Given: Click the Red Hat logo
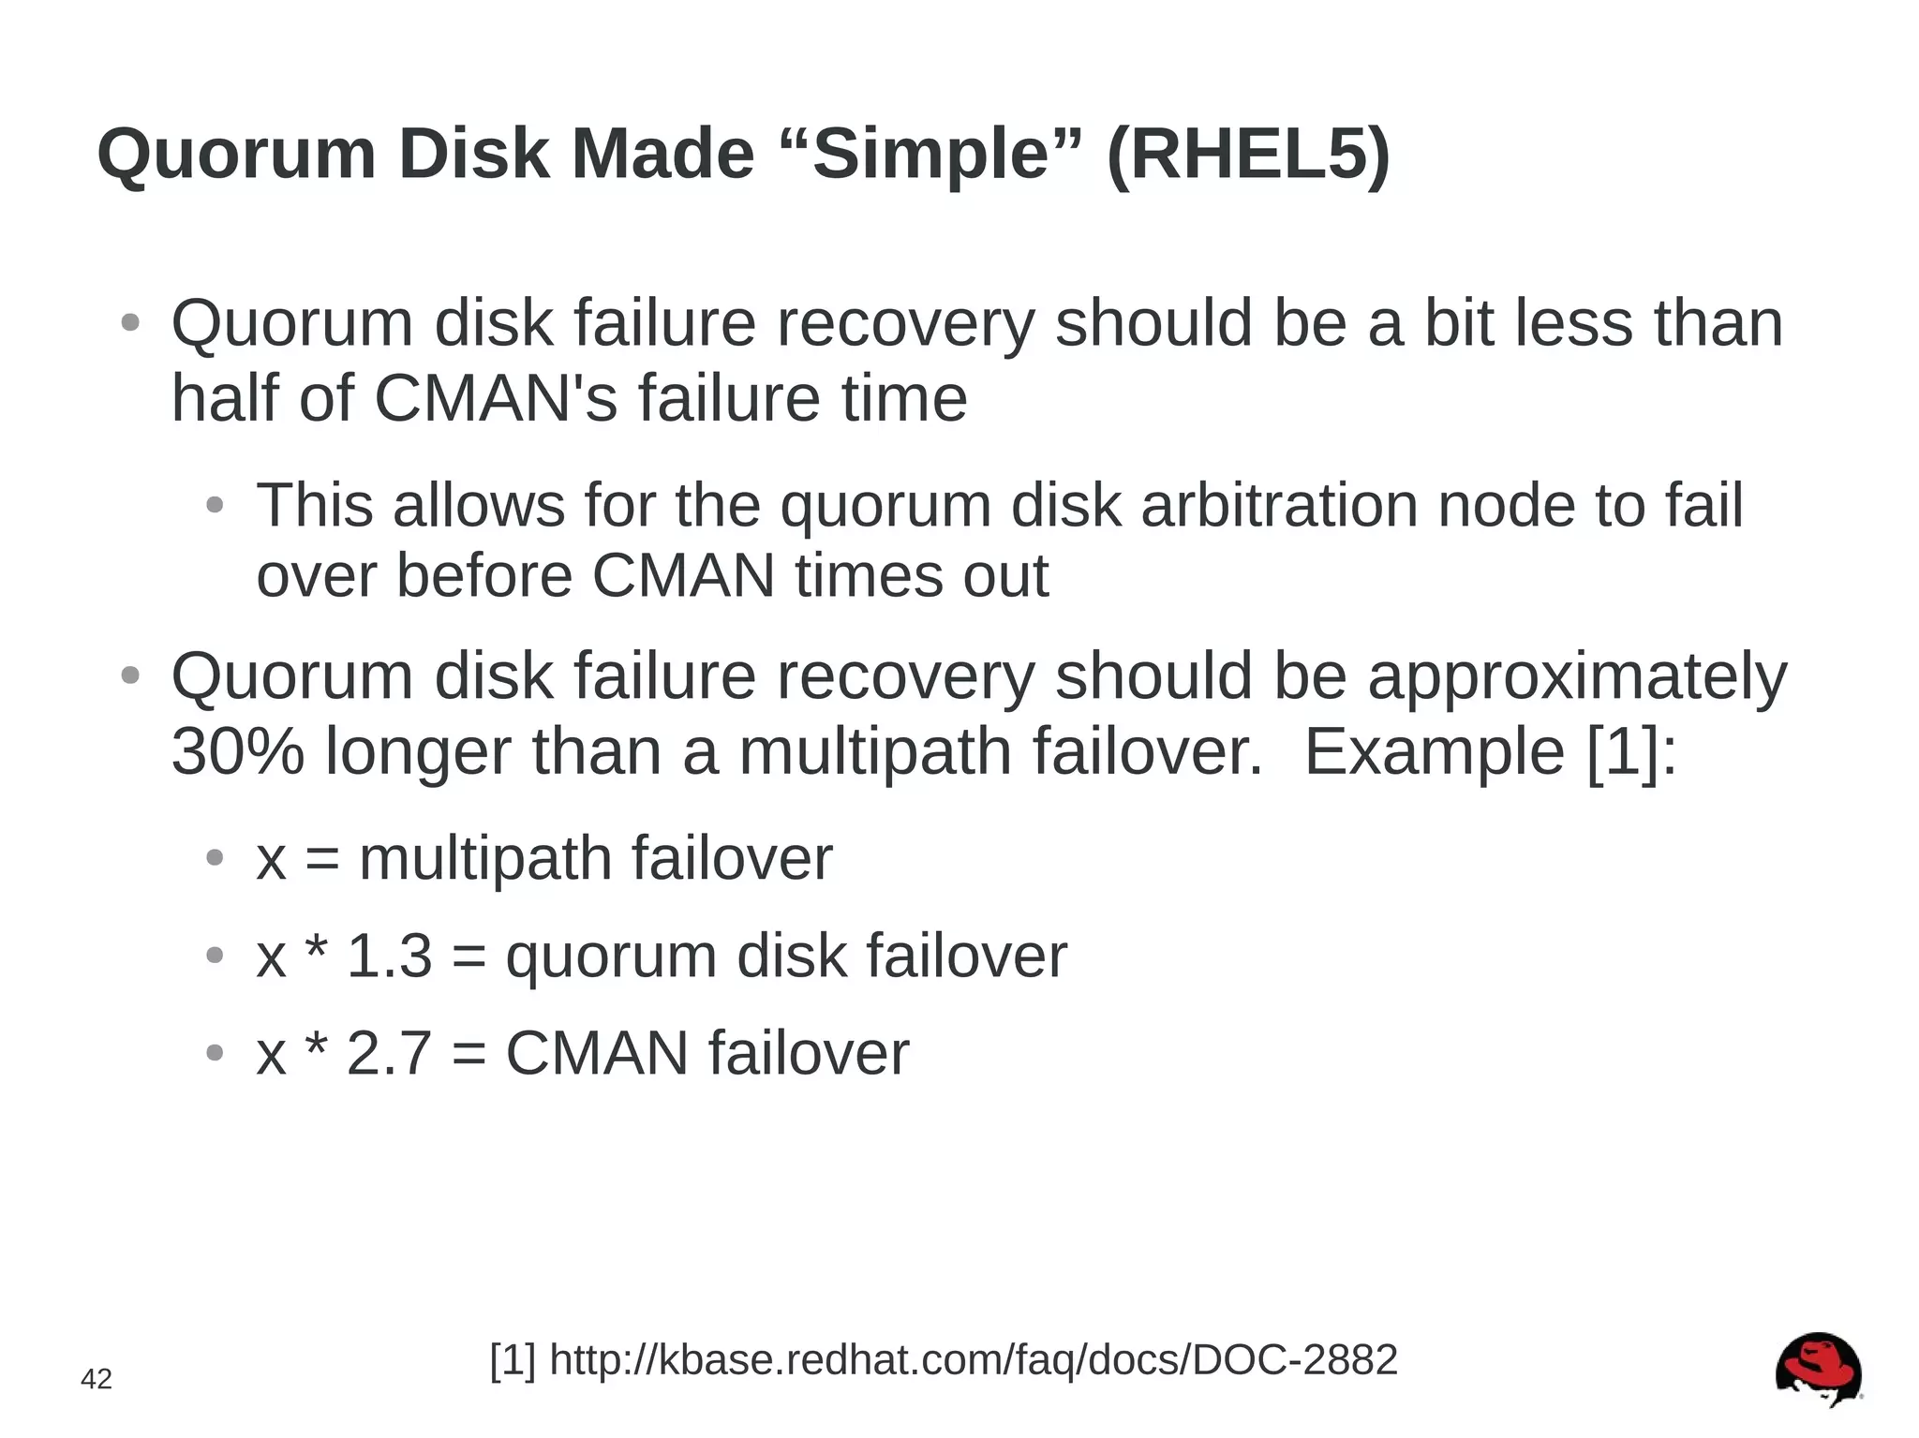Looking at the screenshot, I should pyautogui.click(x=1818, y=1369).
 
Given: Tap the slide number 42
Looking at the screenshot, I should pyautogui.click(x=97, y=1379).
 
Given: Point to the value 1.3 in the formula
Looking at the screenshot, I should pyautogui.click(x=389, y=956).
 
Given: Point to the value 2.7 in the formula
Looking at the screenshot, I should pyautogui.click(x=389, y=1053).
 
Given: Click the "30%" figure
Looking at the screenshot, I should pyautogui.click(x=238, y=751).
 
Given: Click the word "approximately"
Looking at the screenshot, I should pyautogui.click(x=1577, y=676).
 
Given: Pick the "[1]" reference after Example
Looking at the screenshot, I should pyautogui.click(x=1622, y=751).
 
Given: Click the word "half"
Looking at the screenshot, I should pyautogui.click(x=225, y=398).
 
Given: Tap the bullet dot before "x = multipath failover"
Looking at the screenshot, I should pyautogui.click(x=215, y=857).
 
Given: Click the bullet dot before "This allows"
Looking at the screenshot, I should pyautogui.click(x=215, y=506).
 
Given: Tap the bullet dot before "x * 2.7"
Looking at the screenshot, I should pyautogui.click(x=215, y=1053).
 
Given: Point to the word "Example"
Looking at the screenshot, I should pyautogui.click(x=1434, y=751).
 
